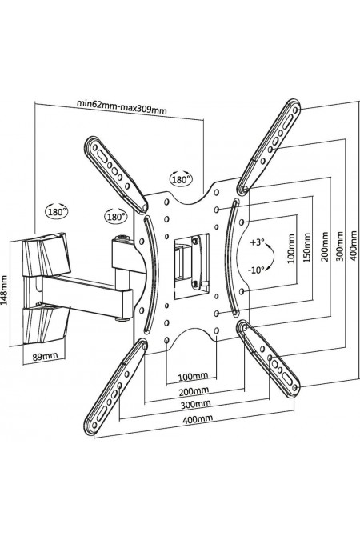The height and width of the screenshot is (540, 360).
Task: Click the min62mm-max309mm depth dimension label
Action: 122,106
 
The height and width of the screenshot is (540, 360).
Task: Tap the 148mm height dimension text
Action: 5,290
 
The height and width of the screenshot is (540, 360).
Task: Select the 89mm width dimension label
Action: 45,356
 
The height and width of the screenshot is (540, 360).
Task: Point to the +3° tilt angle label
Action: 257,242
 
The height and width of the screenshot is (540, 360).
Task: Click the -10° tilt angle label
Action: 257,270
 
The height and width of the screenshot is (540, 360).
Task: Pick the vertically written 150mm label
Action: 307,247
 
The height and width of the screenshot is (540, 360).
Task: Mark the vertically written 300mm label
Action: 340,246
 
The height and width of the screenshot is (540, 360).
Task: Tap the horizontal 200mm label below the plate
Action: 194,391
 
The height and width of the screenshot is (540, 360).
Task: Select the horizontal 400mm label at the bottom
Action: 198,418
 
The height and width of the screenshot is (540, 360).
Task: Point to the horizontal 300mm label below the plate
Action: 196,403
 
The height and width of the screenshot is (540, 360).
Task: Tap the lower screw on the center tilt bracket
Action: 195,284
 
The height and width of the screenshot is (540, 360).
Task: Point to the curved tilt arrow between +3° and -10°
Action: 274,256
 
